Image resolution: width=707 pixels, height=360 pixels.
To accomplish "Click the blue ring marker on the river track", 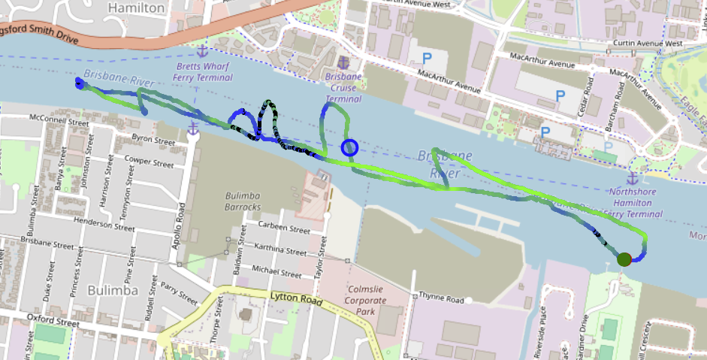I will point(349,148).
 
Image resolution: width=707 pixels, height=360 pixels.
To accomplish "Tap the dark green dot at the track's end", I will point(624,259).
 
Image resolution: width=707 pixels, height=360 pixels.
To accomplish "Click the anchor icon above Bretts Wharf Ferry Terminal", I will point(201,51).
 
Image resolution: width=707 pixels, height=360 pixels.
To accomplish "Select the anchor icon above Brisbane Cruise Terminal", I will point(343,62).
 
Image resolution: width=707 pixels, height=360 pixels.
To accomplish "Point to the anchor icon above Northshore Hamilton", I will point(632,178).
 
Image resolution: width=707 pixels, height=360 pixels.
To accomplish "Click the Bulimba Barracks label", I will point(243,201).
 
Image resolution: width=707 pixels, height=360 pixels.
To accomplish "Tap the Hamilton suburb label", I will point(136,8).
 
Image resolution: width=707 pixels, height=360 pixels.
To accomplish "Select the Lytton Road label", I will point(295,299).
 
